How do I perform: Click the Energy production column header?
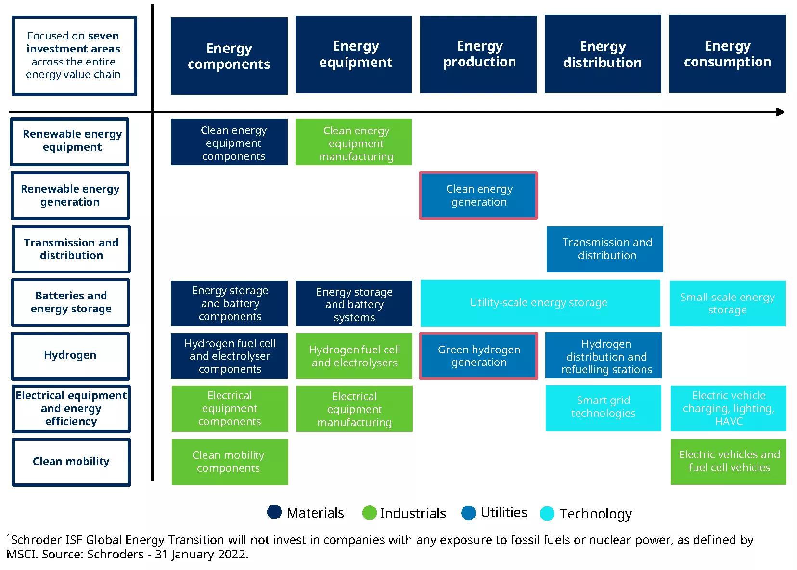478,54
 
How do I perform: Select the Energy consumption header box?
728,54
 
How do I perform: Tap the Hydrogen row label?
70,356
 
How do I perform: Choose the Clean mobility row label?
71,462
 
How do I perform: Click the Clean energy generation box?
478,195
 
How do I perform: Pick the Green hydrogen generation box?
478,356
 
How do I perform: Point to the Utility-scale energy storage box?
540,303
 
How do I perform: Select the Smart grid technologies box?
604,408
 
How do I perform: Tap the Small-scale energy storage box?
728,303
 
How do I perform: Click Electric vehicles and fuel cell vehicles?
729,462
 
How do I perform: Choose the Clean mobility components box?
230,462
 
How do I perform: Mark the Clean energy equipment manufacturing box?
354,142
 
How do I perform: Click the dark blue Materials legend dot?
274,512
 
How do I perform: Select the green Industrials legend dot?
369,513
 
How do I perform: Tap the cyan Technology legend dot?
547,513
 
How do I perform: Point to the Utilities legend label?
504,512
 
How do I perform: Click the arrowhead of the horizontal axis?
781,112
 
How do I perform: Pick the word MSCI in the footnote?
21,554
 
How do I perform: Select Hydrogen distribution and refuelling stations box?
604,355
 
